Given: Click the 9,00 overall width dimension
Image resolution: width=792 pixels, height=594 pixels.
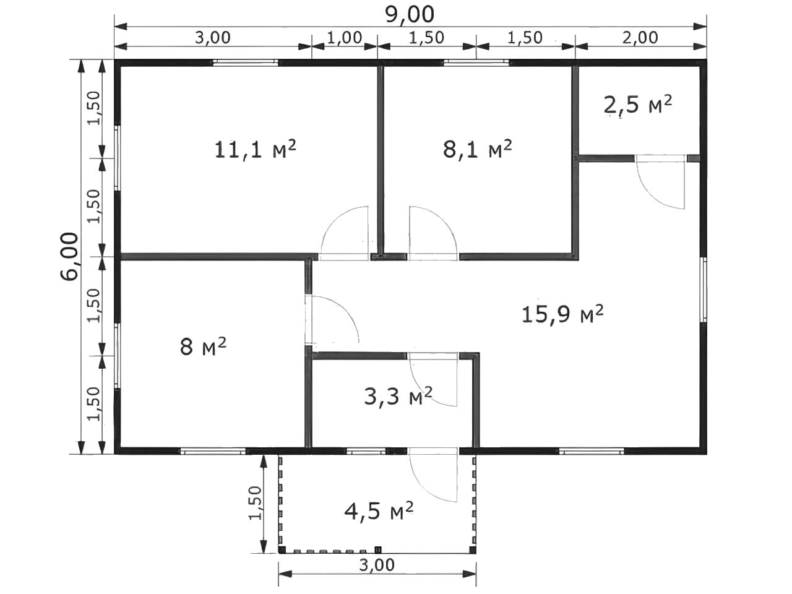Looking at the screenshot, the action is point(410,15).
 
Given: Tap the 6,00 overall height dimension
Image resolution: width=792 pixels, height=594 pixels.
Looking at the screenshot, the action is point(69,256).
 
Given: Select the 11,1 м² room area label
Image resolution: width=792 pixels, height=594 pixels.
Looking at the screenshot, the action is point(255,150).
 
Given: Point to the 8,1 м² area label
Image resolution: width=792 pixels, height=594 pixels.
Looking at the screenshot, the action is point(477,149).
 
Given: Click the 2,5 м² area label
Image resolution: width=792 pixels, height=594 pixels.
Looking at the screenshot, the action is point(638,105).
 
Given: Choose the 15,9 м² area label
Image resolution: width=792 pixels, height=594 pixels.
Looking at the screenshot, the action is point(562,314).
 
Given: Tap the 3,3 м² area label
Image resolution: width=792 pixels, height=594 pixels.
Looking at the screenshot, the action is point(398,396).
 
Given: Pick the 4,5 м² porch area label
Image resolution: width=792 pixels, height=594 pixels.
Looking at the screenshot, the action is point(379,510).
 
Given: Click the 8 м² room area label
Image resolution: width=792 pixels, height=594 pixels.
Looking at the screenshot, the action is point(203,346).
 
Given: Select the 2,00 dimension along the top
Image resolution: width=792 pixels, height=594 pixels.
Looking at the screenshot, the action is point(640,38).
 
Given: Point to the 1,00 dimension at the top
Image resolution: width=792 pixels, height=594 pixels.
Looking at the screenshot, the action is point(344,38).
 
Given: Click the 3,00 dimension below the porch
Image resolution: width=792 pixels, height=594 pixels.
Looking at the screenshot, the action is point(377,565).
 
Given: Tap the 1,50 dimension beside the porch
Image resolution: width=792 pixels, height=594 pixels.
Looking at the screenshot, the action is point(256,503).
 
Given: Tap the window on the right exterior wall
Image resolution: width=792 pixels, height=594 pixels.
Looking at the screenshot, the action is point(704,290).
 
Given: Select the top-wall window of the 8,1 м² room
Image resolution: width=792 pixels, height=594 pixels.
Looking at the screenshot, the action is point(476,62).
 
